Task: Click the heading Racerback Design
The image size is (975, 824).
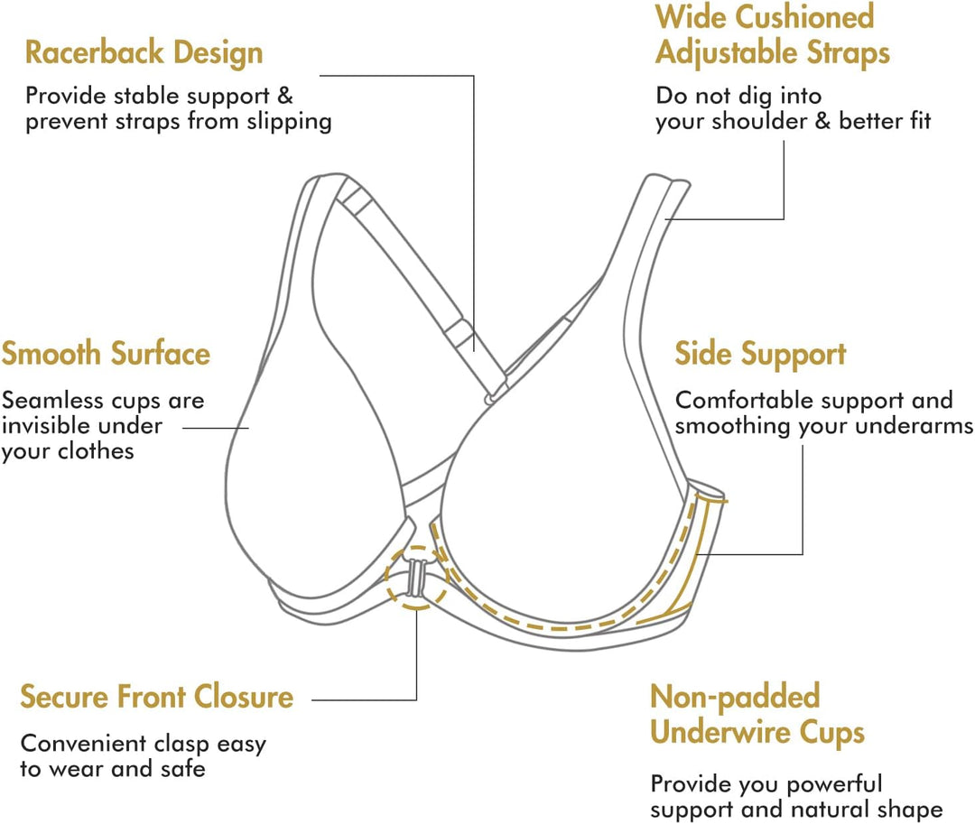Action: coord(144,52)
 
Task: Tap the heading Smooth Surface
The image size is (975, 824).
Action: coord(106,353)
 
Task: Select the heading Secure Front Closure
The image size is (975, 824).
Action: coord(157,697)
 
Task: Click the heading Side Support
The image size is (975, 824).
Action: coord(761,354)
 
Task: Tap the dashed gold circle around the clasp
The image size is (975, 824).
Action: coord(416,578)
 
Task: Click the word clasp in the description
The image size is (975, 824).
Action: coord(175,745)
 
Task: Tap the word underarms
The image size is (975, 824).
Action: coord(920,425)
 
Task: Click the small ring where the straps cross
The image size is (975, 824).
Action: coord(488,397)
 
